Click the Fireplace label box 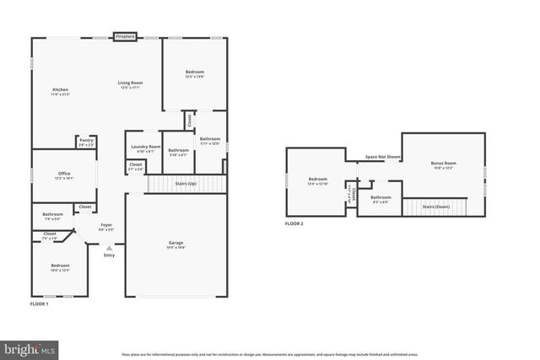[126, 37]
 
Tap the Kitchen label [60, 91]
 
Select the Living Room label [130, 83]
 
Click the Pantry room [86, 142]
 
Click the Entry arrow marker [108, 248]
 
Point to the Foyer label [106, 226]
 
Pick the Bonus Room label [443, 164]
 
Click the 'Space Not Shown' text [382, 157]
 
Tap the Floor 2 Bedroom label [317, 180]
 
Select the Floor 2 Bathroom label [381, 198]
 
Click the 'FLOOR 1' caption [39, 304]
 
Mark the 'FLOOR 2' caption [294, 223]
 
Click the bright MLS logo [29, 347]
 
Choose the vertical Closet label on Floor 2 [349, 194]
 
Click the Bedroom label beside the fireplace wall [195, 73]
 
